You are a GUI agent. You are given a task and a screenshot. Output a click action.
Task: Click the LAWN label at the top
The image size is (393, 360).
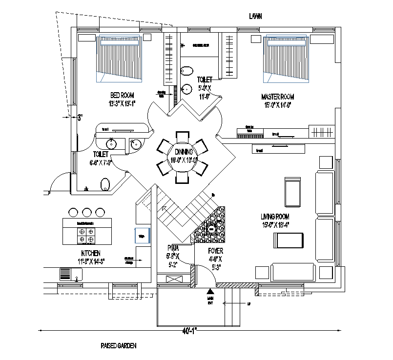(x=255, y=16)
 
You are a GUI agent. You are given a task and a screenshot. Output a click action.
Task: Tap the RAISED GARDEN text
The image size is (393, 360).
(x=119, y=345)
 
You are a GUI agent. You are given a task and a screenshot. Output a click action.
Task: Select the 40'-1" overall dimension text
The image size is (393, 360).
(x=189, y=331)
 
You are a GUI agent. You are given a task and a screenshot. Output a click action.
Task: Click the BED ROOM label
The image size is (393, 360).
(x=122, y=95)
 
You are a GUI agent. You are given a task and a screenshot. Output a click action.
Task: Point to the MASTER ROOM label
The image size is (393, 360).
(x=277, y=97)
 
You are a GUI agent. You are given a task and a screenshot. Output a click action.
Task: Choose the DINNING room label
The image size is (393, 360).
(x=183, y=152)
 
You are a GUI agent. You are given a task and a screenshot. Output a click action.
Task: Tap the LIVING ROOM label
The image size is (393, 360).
(x=275, y=216)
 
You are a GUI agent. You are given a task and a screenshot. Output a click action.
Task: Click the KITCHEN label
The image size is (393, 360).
(x=91, y=253)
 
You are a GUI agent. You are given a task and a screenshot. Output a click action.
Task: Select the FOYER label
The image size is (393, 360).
(x=215, y=251)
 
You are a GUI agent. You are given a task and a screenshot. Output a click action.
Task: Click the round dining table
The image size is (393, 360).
(x=183, y=157)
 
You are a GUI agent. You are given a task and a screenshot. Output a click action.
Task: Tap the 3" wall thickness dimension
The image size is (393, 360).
(x=81, y=117)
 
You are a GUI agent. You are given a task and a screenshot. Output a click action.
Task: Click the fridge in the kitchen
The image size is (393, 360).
(x=142, y=236)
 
